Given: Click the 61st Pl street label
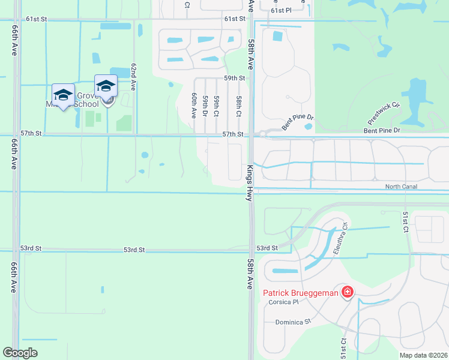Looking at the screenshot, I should pos(280,10).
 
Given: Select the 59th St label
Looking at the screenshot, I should pos(235,79).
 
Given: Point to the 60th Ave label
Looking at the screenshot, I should pos(194,105).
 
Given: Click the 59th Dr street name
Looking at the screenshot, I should pos(205,106).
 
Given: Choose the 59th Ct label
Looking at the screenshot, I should pos(216,106).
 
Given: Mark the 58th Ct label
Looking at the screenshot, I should pos(238,106).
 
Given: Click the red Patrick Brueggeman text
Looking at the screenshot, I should pos(301,293).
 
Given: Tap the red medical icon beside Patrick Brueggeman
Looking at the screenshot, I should pos(347,292).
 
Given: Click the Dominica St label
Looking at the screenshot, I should pos(291,322).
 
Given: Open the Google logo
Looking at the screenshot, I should pos(20,353).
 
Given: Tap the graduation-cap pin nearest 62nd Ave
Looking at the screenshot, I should pos(106,85).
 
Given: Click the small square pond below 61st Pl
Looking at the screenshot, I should pos(277,36).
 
